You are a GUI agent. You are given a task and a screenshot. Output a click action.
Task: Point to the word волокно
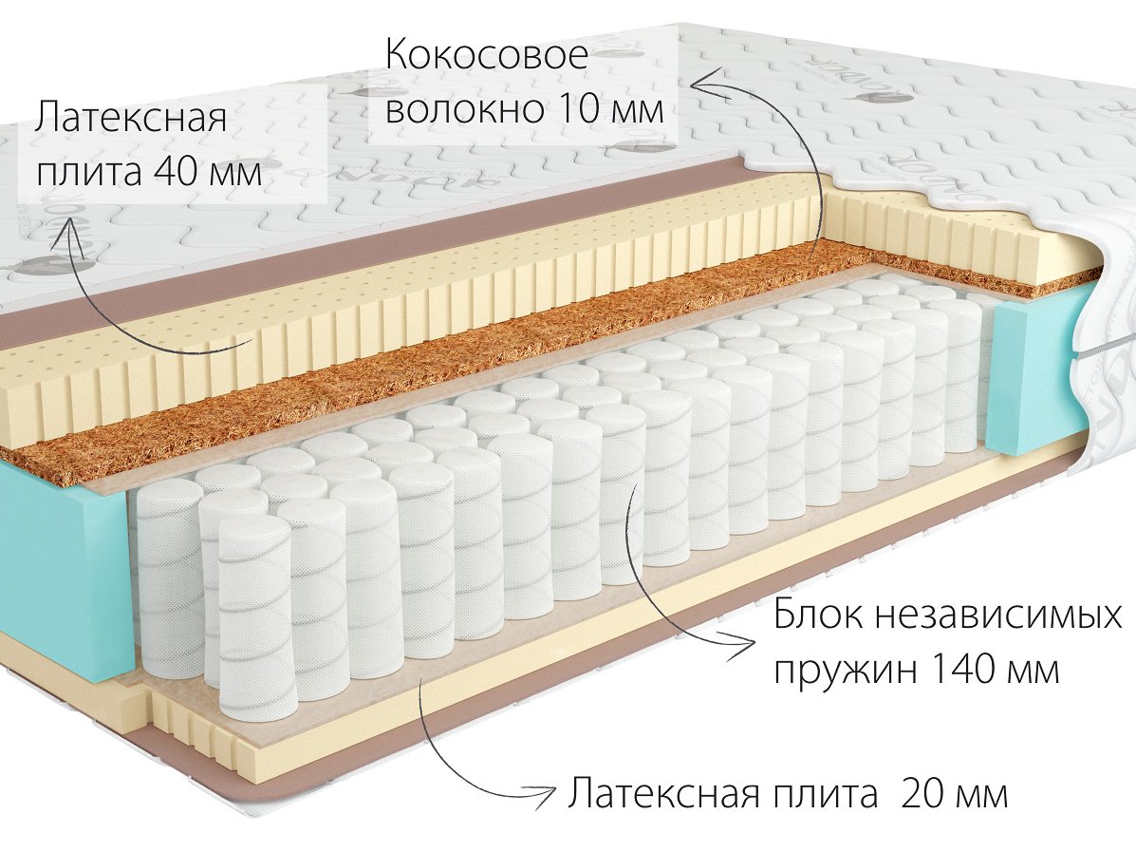point(464,110)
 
